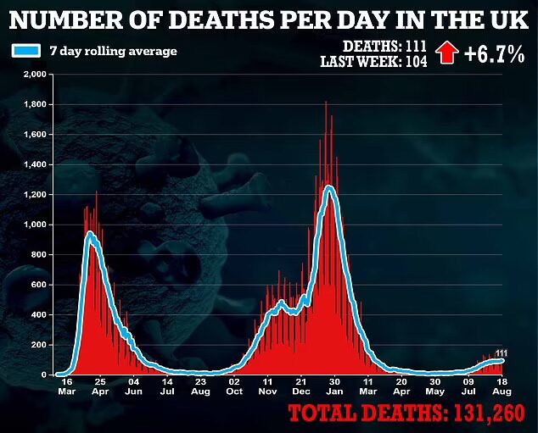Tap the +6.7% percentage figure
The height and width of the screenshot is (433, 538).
[x=495, y=53]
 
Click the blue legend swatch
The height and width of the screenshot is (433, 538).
[x=26, y=51]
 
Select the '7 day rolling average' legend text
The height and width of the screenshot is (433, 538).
[x=113, y=52]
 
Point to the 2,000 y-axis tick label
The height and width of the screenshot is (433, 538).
[x=35, y=75]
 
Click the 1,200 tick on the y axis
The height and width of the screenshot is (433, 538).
[x=35, y=195]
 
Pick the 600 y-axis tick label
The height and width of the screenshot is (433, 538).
[x=39, y=285]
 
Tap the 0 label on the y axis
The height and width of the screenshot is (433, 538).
[x=43, y=375]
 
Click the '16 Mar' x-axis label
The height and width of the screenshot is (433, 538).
[x=67, y=386]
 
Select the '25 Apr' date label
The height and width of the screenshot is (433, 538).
[x=100, y=386]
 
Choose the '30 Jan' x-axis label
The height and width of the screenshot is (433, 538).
[x=334, y=386]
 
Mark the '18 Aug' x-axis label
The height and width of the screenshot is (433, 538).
[x=502, y=386]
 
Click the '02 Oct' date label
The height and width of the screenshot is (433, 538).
[x=234, y=386]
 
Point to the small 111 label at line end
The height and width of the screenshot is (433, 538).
[x=502, y=353]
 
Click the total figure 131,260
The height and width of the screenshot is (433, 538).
[x=490, y=413]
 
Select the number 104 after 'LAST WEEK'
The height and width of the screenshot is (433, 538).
[x=416, y=62]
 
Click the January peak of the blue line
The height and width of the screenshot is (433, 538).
[x=329, y=188]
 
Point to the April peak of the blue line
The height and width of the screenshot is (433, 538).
[x=90, y=234]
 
